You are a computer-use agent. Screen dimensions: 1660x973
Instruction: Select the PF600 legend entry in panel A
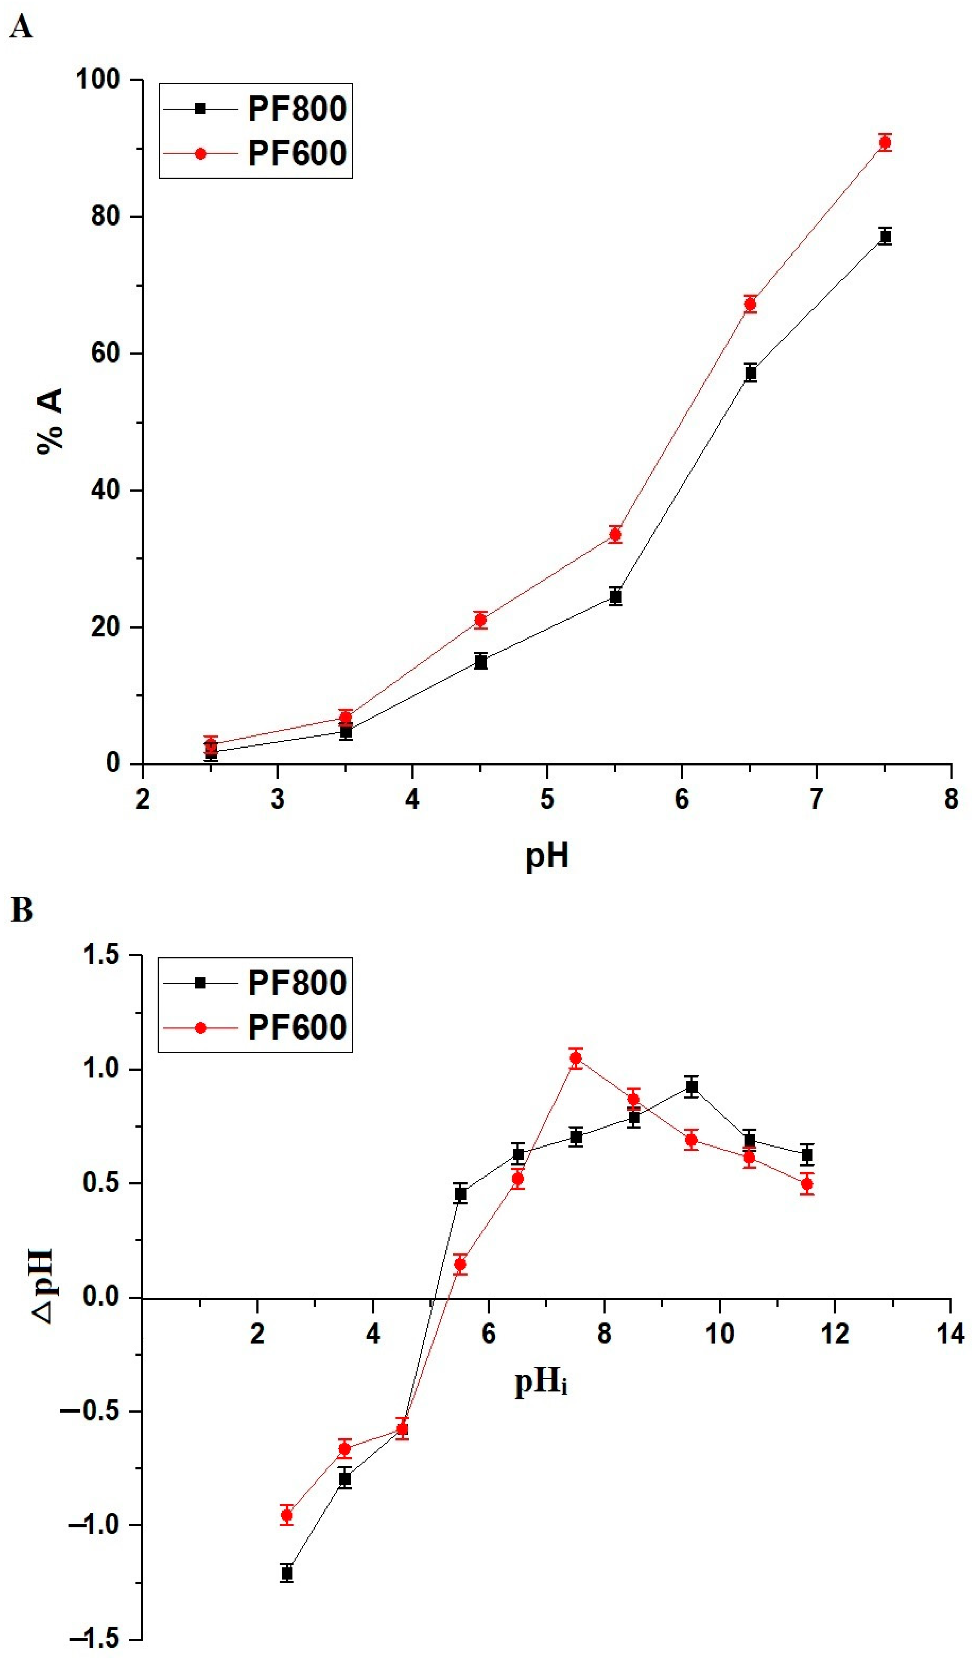click(296, 153)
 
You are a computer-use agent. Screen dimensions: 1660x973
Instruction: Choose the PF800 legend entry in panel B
click(296, 983)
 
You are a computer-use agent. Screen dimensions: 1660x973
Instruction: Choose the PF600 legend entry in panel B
click(296, 1027)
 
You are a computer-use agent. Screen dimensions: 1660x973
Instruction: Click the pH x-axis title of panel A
click(546, 856)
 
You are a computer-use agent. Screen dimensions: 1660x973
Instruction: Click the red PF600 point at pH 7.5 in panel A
click(885, 142)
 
